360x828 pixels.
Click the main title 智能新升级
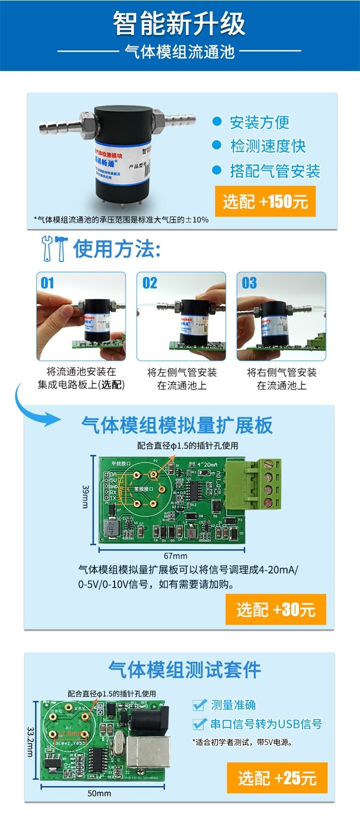point(179,24)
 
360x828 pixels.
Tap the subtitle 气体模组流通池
point(180,51)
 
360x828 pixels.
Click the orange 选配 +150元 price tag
point(265,201)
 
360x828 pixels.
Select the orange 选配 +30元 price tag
point(276,609)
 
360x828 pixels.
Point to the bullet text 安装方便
point(259,122)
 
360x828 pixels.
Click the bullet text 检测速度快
point(268,146)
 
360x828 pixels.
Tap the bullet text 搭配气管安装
point(275,171)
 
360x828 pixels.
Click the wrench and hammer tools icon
point(54,248)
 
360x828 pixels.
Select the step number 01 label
point(48,283)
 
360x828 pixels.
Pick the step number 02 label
point(150,283)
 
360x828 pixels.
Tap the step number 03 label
point(249,283)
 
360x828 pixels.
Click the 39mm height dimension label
point(85,496)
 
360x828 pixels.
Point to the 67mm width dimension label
point(175,556)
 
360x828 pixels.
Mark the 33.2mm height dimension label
point(30,742)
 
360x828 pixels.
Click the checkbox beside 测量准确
point(199,705)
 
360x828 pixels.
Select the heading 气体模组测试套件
point(184,670)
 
